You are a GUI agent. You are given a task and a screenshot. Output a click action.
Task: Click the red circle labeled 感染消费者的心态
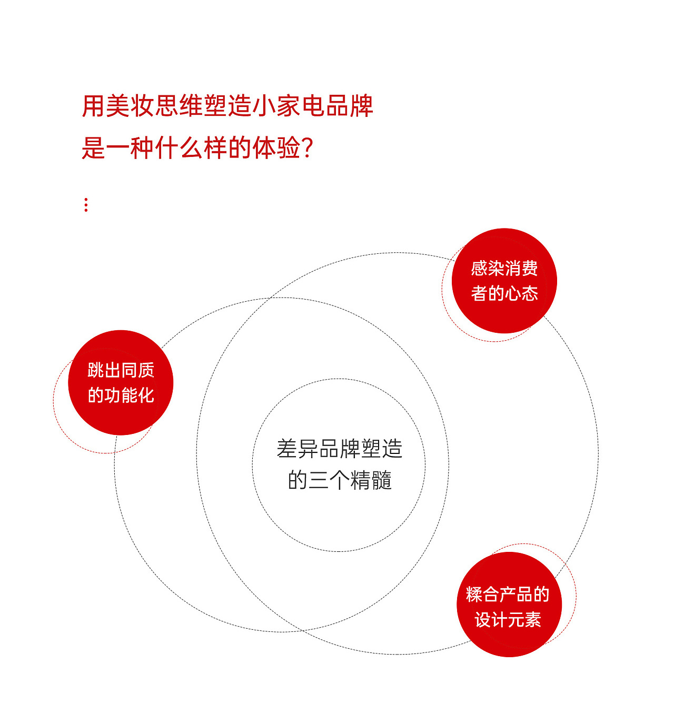coord(504,281)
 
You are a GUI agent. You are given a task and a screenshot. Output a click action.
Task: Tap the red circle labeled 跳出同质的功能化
coord(121,383)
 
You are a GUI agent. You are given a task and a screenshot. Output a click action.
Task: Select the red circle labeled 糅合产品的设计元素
coord(509,605)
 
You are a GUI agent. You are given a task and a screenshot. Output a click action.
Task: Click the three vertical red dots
coord(86,205)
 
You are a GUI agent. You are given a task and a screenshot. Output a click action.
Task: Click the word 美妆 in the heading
coord(118,106)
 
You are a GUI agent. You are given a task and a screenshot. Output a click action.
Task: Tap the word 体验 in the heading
coord(276,148)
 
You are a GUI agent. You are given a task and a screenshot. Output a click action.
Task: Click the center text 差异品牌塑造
coord(340,449)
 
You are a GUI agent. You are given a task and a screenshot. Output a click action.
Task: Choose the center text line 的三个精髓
coord(340,480)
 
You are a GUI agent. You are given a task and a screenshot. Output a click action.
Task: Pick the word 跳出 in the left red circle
coord(104,370)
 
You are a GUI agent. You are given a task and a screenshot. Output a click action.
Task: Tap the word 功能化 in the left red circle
coord(129,395)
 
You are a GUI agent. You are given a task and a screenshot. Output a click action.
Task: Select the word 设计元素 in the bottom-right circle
coord(508,620)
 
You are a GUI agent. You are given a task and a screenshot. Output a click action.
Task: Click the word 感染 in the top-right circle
coord(488,269)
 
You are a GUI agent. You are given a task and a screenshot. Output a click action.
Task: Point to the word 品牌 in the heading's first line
coord(349,106)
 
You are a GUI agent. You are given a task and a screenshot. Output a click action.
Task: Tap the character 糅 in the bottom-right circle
coord(474,595)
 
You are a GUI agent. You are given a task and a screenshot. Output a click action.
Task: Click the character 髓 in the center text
coord(382,480)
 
